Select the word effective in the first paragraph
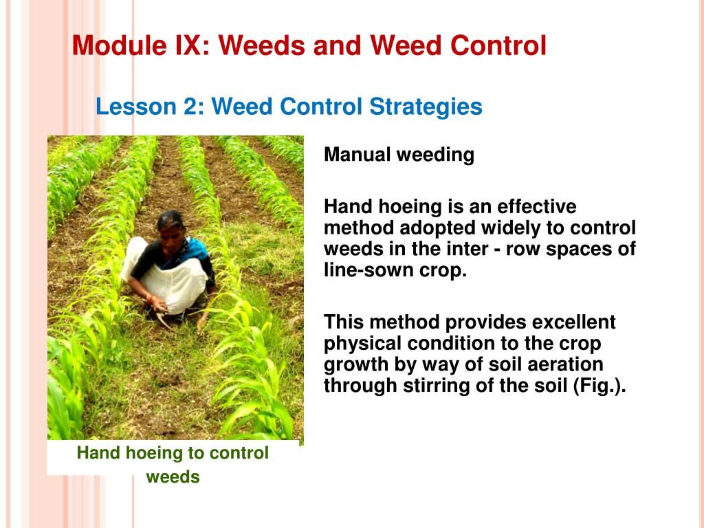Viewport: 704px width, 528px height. tap(537, 207)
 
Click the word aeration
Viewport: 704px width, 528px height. tap(564, 364)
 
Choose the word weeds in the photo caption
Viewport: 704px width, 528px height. tap(173, 476)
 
